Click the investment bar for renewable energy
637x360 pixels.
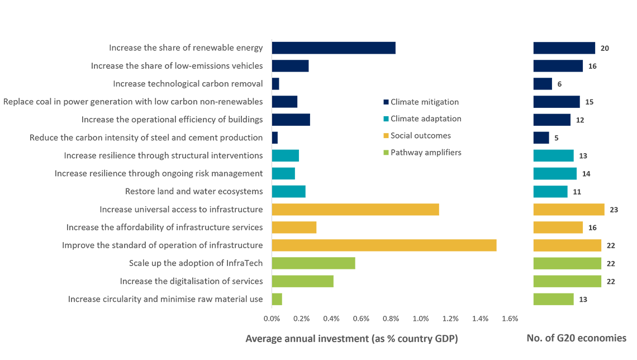click(x=334, y=48)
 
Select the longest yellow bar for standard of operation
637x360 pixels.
click(x=384, y=245)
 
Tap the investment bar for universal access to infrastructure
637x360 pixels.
click(x=355, y=210)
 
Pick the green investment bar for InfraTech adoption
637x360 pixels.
click(x=313, y=263)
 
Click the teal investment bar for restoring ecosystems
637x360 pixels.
click(x=288, y=192)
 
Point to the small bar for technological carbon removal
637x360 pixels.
click(x=275, y=84)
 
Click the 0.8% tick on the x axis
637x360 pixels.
click(x=391, y=319)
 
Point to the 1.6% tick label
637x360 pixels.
click(x=510, y=319)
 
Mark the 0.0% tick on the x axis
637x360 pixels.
click(x=272, y=319)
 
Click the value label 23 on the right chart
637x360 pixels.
click(x=614, y=210)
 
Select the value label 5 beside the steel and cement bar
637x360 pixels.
click(x=557, y=138)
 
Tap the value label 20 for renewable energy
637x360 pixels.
click(x=605, y=48)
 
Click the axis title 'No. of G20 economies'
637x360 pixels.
click(x=576, y=338)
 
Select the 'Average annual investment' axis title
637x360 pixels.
click(x=351, y=339)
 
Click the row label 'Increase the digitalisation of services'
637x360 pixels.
click(x=191, y=281)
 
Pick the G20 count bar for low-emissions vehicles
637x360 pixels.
click(x=558, y=66)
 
